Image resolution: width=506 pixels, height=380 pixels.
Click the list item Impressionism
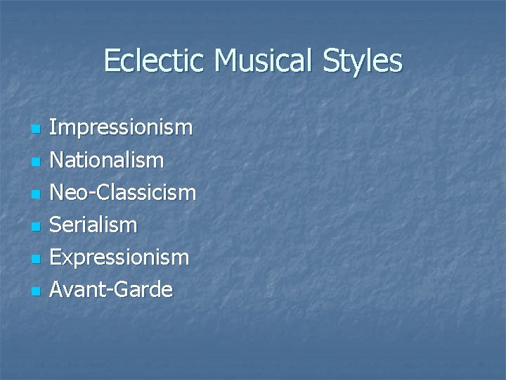coord(121,128)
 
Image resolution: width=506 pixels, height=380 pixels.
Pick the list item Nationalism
coord(107,160)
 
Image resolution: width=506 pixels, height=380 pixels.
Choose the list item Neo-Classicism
coord(123,192)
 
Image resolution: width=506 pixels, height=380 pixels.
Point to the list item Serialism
coord(93,225)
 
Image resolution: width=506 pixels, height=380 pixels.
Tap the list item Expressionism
coord(119,258)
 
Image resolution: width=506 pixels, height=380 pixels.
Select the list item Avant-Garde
coord(111,289)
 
